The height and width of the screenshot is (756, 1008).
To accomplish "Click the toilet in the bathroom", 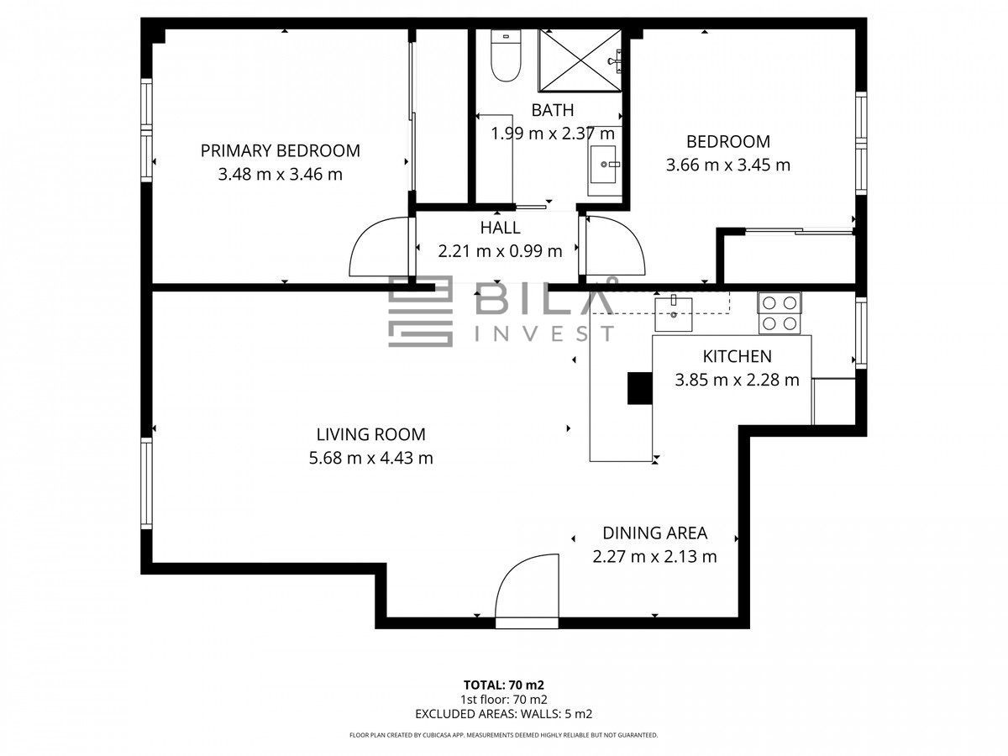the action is pos(506,55).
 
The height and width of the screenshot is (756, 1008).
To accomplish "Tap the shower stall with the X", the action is pos(580,60).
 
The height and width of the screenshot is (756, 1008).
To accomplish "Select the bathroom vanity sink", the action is pos(603,164).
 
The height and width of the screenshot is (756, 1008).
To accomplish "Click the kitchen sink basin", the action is pos(673,314).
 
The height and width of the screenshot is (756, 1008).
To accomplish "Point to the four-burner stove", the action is pos(780,313).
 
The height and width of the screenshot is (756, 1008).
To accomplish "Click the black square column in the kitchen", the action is pos(640,388).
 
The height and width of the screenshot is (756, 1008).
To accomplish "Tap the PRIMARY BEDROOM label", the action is pos(280,150).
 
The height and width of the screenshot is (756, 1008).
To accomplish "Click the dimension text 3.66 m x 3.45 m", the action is pos(728,165).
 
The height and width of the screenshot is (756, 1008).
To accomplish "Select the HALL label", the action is pos(500,228).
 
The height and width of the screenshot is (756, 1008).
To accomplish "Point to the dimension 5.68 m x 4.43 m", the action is pos(370,458).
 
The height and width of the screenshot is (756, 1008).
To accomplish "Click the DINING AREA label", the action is pos(654,533).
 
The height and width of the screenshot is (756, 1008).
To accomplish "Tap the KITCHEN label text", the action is pos(737,356).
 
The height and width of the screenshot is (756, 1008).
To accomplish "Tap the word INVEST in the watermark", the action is pos(543,333).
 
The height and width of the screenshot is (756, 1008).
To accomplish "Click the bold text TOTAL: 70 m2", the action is pos(504,685).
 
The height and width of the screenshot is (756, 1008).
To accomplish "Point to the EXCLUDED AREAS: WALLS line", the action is pos(504,714).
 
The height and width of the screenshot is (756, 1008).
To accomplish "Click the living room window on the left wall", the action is pos(146,483).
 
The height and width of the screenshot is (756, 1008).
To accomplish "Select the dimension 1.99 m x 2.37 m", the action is pos(553,134).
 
